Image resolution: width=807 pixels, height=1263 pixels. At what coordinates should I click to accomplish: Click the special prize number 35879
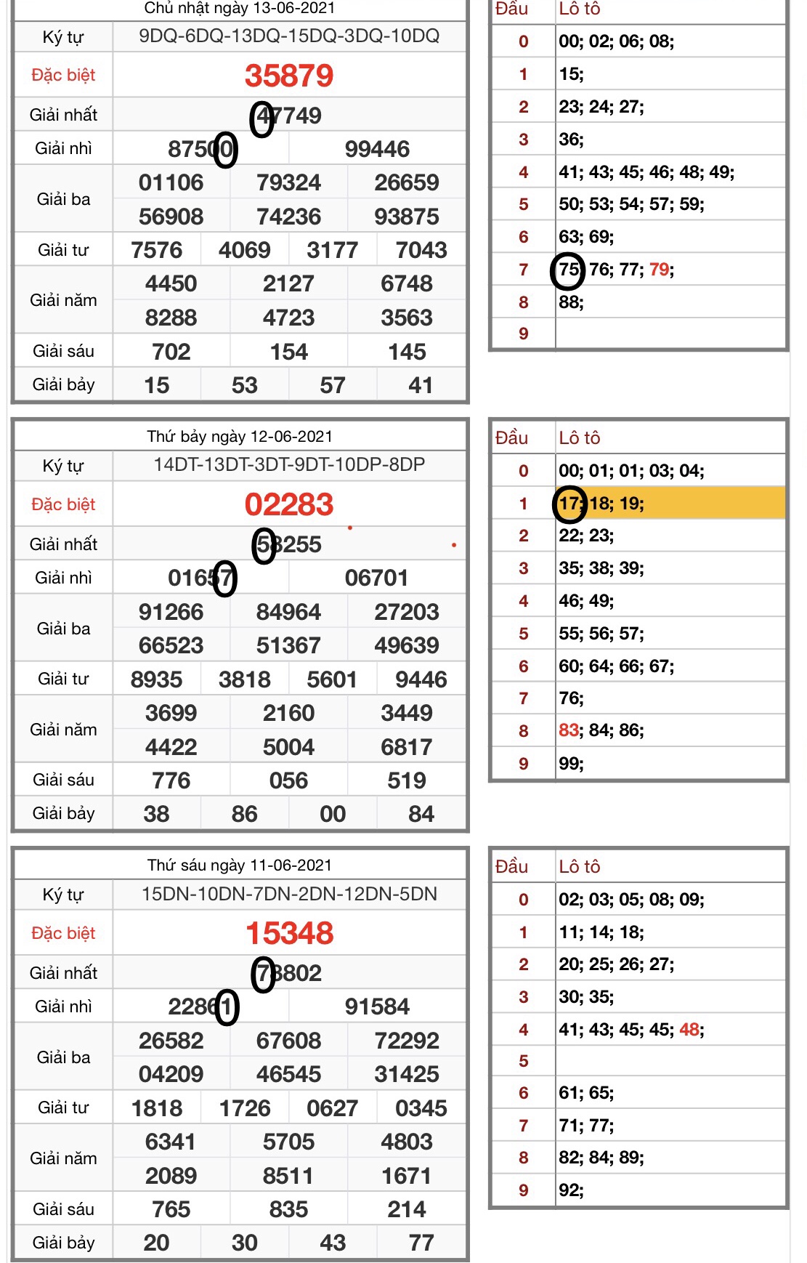pos(289,76)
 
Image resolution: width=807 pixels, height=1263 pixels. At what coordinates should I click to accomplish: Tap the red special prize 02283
pos(289,504)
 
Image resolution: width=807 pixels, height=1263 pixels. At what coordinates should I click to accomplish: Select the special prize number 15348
pos(289,933)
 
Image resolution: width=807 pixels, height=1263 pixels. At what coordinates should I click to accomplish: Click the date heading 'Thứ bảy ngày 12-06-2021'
pos(240,437)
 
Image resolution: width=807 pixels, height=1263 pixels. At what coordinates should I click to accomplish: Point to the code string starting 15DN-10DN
pos(289,894)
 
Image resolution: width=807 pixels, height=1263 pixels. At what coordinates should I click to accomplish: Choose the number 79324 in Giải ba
pos(288,182)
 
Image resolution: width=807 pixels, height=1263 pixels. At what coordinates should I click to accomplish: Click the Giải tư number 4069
pos(245,250)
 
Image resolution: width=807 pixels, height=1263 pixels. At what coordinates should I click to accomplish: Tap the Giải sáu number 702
pos(171,352)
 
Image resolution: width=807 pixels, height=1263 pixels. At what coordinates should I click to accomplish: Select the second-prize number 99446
pos(377,149)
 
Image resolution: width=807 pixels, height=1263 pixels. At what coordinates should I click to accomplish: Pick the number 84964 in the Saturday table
pos(288,612)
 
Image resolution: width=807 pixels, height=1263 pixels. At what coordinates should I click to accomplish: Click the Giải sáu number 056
pos(288,780)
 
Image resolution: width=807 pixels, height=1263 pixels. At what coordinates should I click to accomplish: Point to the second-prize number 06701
pos(377,578)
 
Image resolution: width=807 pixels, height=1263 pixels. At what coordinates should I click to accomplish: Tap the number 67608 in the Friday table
pos(288,1041)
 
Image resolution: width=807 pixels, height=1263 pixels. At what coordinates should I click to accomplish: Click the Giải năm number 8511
pos(288,1176)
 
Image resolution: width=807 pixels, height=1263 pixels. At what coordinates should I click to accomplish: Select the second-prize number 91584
pos(377,1006)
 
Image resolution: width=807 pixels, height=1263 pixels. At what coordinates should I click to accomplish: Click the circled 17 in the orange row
pos(569,504)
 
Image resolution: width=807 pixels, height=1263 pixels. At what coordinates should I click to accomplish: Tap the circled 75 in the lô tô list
pos(568,270)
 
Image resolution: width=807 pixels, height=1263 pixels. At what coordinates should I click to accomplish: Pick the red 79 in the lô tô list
pos(659,270)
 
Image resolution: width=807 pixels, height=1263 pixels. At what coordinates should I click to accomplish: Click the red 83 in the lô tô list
pos(569,730)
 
